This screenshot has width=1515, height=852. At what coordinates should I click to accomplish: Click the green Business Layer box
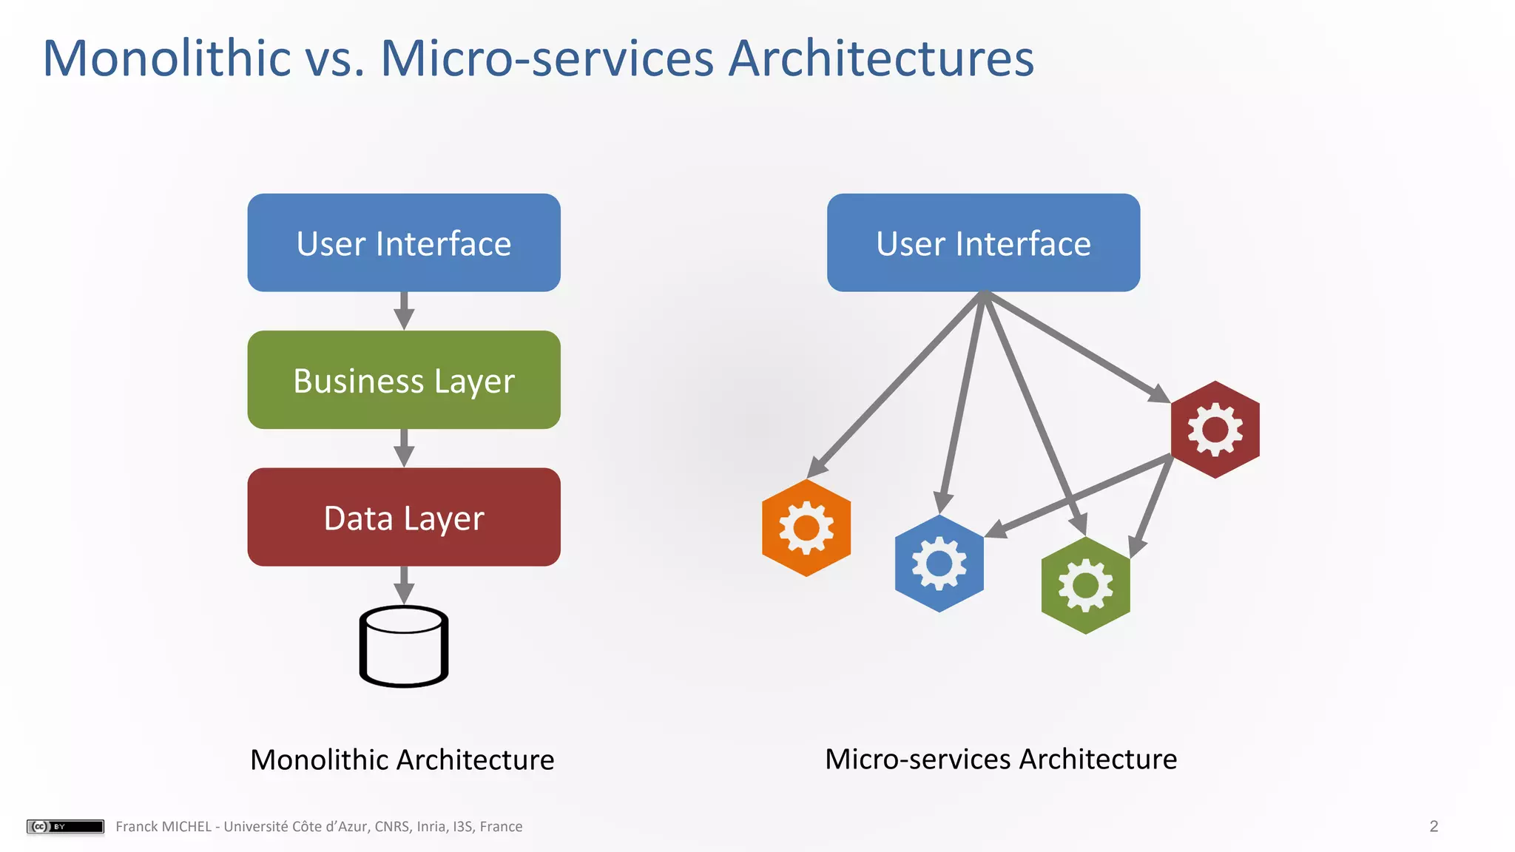click(404, 380)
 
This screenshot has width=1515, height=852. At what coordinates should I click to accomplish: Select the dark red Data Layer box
click(404, 517)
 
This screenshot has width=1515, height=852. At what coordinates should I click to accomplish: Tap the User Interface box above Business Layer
click(404, 243)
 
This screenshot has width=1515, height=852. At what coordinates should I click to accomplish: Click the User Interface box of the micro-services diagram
click(983, 243)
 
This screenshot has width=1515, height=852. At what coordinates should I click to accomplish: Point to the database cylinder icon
click(404, 646)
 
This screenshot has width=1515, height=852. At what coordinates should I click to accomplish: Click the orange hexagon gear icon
click(806, 528)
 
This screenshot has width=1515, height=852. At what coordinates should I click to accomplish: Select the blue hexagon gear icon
click(939, 564)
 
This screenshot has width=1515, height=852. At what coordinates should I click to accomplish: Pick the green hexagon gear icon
click(1085, 585)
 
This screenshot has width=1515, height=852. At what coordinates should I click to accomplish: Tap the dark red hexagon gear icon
click(1215, 430)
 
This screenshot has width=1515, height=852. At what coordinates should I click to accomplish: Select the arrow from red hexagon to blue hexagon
click(1080, 494)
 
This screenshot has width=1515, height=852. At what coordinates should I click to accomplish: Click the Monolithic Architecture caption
click(402, 760)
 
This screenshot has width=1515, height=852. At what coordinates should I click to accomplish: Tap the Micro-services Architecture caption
click(1001, 759)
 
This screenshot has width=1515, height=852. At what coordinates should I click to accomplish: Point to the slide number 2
click(1434, 826)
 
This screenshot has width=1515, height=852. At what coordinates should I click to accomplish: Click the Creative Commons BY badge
click(65, 826)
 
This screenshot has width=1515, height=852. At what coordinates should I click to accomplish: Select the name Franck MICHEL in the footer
click(163, 826)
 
